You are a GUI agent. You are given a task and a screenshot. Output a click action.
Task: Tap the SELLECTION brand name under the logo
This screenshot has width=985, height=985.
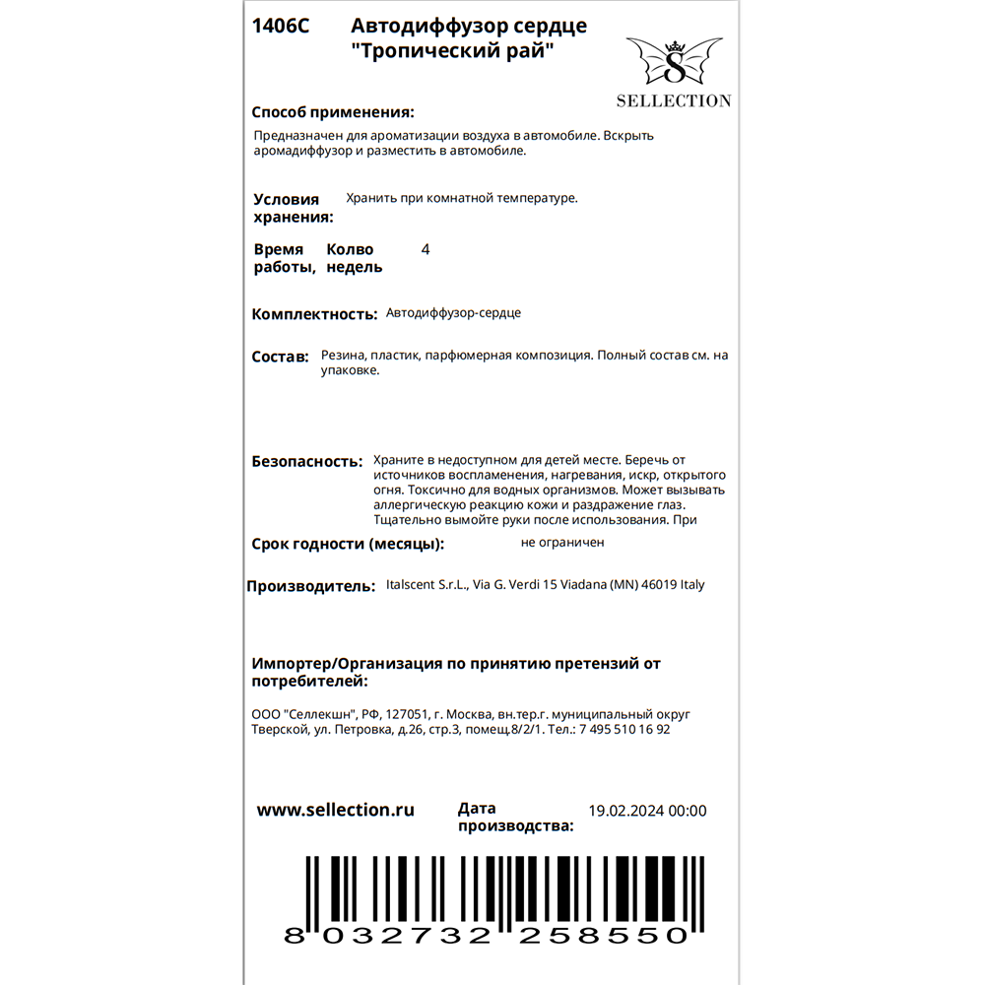(674, 100)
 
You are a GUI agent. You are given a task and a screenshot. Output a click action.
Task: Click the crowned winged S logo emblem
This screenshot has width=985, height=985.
(675, 61)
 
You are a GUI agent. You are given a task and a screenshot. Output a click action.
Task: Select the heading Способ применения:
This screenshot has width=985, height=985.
(333, 112)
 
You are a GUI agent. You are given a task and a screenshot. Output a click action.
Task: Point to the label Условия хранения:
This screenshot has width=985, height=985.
(293, 208)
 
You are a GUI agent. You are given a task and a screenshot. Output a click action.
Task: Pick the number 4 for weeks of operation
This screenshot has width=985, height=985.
(426, 250)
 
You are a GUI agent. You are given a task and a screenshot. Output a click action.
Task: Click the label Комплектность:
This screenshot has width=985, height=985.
(314, 314)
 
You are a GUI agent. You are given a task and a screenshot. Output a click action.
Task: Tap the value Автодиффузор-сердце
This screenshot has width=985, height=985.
(454, 313)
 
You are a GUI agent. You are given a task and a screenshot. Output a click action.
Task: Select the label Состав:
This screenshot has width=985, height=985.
(280, 357)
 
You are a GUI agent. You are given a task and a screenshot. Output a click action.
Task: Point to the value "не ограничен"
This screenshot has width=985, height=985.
(562, 542)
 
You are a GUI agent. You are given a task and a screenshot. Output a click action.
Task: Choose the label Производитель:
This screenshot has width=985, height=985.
(310, 586)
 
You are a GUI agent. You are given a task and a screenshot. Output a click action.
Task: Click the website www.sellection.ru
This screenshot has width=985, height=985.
(335, 810)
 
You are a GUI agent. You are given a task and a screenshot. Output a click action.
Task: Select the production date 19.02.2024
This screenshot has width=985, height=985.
(625, 812)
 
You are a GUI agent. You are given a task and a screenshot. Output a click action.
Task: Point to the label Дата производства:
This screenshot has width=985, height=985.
(515, 818)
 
